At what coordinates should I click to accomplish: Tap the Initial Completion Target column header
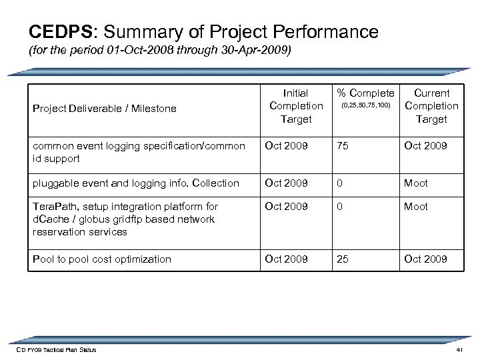tap(296, 106)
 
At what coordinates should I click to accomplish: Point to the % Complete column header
tap(365, 93)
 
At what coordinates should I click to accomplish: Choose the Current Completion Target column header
tap(431, 106)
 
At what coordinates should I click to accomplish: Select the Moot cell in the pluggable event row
tap(416, 183)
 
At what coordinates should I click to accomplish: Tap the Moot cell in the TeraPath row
tap(416, 207)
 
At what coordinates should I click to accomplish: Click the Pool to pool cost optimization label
tap(101, 259)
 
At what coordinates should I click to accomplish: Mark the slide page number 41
tap(458, 350)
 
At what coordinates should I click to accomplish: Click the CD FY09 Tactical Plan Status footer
tap(57, 350)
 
